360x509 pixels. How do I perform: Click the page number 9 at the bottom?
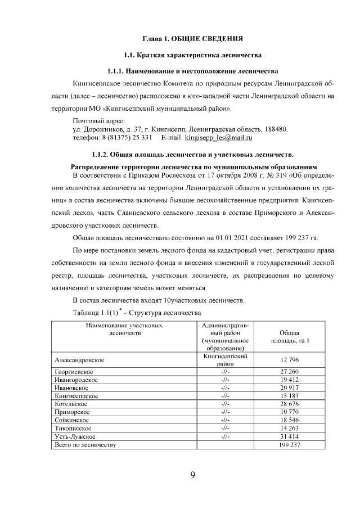192,476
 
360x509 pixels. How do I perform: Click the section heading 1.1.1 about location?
192,71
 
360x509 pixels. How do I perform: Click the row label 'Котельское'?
72,404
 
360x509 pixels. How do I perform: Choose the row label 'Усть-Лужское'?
75,436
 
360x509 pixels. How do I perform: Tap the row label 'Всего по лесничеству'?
84,444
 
